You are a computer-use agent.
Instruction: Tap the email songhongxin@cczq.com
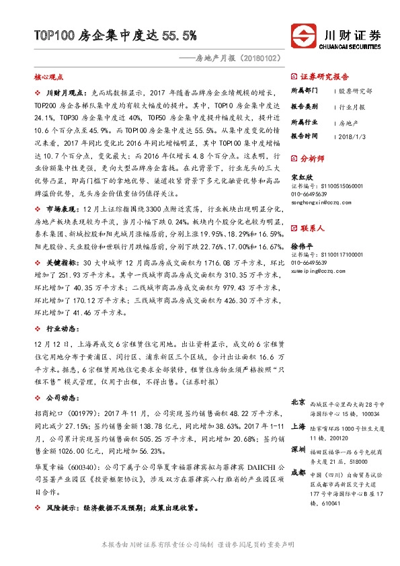coord(319,200)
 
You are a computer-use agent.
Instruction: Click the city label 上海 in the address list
coord(298,426)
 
